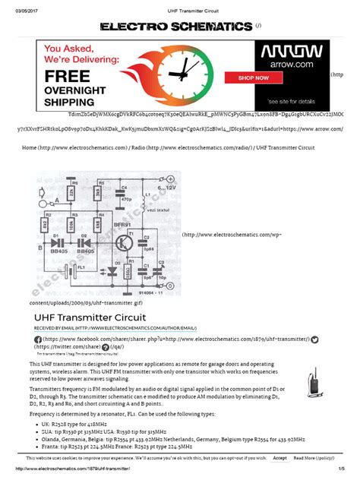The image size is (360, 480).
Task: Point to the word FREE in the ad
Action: [x=68, y=77]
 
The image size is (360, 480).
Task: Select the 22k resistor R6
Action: [x=72, y=194]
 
